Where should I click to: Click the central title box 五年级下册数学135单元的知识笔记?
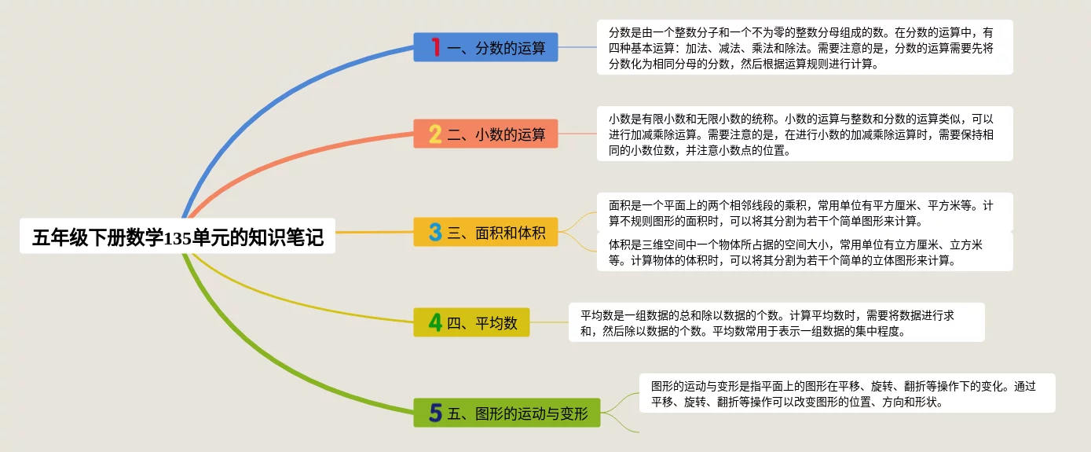(x=178, y=236)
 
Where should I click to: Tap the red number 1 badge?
(x=436, y=47)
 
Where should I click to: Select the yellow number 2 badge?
(x=435, y=134)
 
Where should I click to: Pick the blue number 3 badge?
(x=435, y=232)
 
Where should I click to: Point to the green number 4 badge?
(x=435, y=322)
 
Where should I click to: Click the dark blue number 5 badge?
(x=435, y=413)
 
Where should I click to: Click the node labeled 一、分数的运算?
(x=485, y=47)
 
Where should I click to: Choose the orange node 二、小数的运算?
(x=485, y=134)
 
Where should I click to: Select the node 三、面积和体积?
(x=485, y=232)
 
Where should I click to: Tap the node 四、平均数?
(x=471, y=322)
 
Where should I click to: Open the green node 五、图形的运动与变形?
(x=507, y=413)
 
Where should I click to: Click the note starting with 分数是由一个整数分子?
(x=804, y=47)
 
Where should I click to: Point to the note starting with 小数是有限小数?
(x=804, y=134)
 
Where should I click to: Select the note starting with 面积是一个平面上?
(x=804, y=212)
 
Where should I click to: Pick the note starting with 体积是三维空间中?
(x=804, y=252)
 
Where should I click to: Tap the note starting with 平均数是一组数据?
(x=776, y=322)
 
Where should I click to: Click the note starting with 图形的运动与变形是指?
(x=847, y=393)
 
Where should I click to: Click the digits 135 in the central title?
(x=178, y=238)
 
